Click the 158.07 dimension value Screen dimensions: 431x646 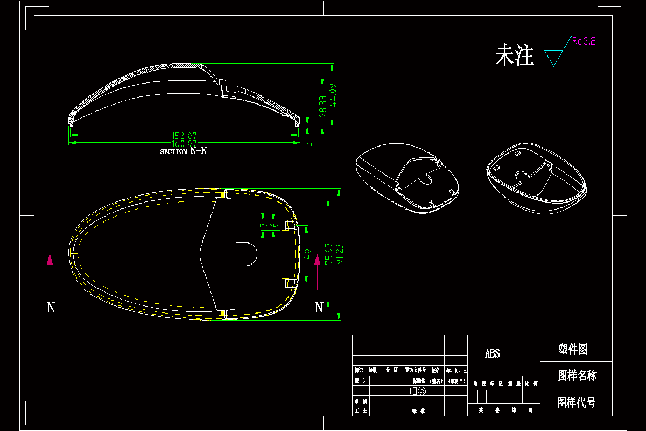tap(184, 136)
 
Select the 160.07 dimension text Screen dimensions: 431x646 tap(184, 144)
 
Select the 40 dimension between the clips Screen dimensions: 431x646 tap(307, 254)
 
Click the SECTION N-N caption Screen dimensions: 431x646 tap(183, 151)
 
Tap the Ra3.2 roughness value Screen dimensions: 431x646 tap(584, 41)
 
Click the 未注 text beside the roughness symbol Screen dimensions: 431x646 tap(514, 55)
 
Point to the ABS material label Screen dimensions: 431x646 tap(492, 353)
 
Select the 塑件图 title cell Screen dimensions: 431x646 tap(573, 350)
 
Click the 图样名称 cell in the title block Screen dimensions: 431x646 tap(577, 376)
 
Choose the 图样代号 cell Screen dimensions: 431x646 tap(576, 402)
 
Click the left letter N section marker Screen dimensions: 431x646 tap(51, 308)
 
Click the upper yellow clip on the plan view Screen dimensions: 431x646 tap(290, 224)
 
